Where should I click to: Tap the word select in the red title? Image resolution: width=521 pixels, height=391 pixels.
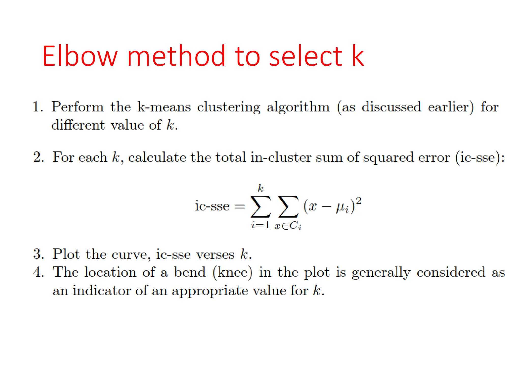click(306, 57)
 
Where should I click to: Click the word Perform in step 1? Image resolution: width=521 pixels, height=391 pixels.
click(78, 107)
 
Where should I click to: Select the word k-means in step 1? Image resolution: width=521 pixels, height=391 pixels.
click(164, 107)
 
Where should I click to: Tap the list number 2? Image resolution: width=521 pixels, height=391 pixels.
click(38, 157)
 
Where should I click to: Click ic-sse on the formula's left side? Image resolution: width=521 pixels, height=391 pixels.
click(212, 206)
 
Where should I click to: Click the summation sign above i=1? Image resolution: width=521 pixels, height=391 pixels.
click(260, 206)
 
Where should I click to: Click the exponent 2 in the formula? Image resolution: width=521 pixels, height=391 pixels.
click(358, 201)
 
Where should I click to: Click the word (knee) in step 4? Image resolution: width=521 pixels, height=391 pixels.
click(233, 272)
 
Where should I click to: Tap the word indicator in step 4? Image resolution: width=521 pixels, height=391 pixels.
click(102, 290)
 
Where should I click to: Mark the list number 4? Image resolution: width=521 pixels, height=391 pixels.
click(38, 272)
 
